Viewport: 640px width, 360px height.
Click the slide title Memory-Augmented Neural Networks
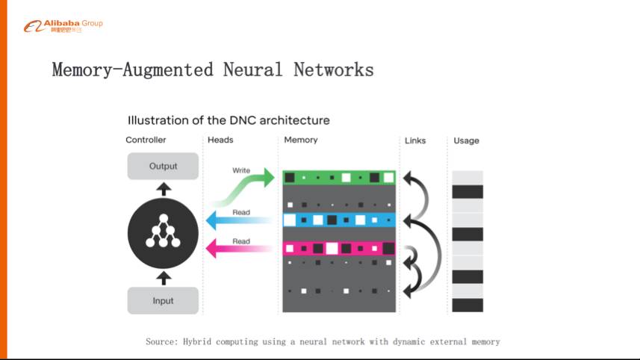tap(213, 70)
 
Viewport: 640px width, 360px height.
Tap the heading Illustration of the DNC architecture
tap(229, 120)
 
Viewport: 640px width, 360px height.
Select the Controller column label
tap(146, 140)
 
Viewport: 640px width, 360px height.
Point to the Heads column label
tap(220, 140)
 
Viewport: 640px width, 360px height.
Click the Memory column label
tap(301, 140)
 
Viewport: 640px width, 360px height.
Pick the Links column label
tap(415, 140)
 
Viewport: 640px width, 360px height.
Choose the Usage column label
tap(466, 140)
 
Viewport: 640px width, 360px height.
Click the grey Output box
tap(163, 166)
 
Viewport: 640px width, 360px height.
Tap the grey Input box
tap(163, 301)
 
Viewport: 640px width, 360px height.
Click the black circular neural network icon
tap(163, 233)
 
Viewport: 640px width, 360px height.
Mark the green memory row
tap(338, 178)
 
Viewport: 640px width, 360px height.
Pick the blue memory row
tap(338, 220)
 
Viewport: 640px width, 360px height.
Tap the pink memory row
tap(338, 249)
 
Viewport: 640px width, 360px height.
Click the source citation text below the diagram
tap(323, 341)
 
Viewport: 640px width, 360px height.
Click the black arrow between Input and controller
tap(164, 279)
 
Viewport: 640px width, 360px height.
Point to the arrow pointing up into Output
tap(164, 188)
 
